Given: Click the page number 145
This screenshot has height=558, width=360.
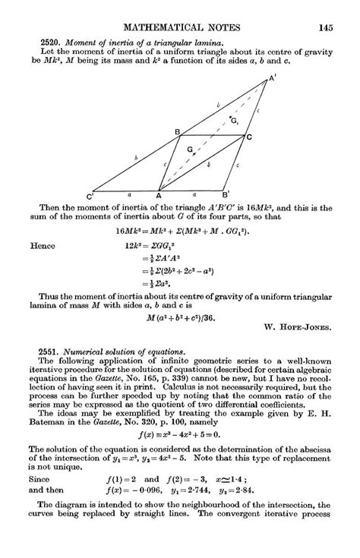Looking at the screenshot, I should [x=326, y=29].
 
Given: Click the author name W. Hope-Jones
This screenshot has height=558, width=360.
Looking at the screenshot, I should [x=298, y=328].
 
